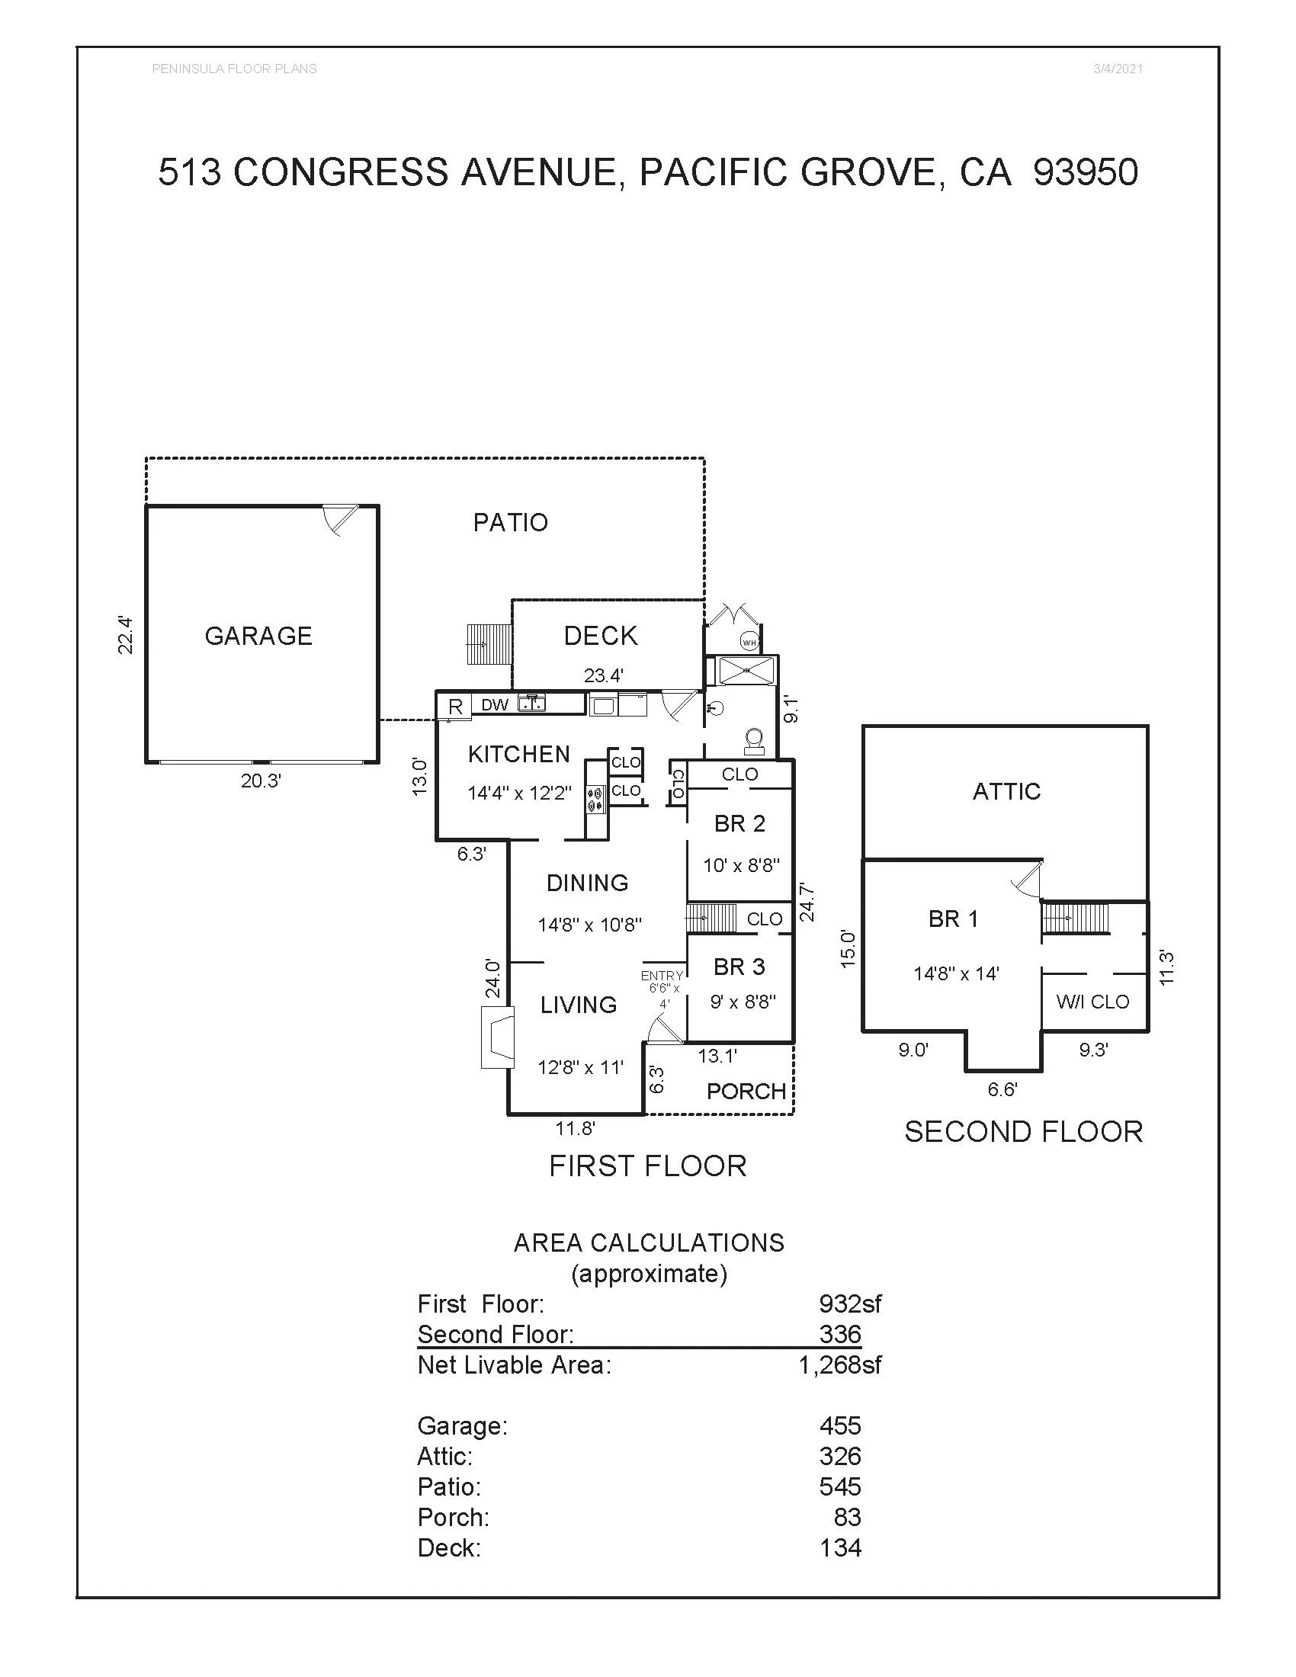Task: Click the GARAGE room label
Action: pyautogui.click(x=258, y=636)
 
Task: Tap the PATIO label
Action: pyautogui.click(x=510, y=523)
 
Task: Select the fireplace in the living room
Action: pyautogui.click(x=497, y=1039)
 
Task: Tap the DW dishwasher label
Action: pyautogui.click(x=495, y=705)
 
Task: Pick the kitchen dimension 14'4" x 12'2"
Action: pyautogui.click(x=520, y=794)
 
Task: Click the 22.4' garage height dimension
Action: pyautogui.click(x=126, y=635)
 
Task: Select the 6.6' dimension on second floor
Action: pyautogui.click(x=1002, y=1089)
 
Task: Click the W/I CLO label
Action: pyautogui.click(x=1092, y=1002)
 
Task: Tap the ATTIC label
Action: pyautogui.click(x=1006, y=792)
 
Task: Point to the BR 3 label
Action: pyautogui.click(x=739, y=967)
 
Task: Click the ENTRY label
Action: pyautogui.click(x=661, y=976)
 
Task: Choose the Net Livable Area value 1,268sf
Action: pyautogui.click(x=840, y=1364)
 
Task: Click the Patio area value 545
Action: pyautogui.click(x=840, y=1486)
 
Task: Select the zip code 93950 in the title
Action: pyautogui.click(x=1086, y=172)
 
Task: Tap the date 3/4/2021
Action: pyautogui.click(x=1118, y=69)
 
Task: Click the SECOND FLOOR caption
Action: pyautogui.click(x=1023, y=1132)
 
